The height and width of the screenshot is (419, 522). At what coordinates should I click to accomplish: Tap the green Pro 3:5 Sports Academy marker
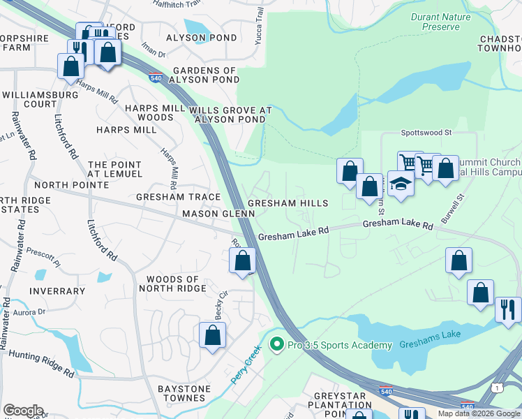[x=277, y=345]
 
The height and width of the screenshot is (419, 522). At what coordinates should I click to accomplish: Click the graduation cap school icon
[x=400, y=185]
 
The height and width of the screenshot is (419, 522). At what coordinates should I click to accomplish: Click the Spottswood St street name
[x=426, y=131]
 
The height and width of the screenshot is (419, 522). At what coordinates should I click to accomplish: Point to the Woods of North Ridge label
[x=172, y=284]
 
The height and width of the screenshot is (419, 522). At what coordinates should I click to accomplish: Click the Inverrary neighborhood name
[x=57, y=291]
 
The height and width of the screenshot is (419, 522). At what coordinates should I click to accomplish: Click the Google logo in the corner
[x=22, y=411]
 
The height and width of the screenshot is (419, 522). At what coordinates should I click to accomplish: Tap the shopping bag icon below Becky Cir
[x=213, y=335]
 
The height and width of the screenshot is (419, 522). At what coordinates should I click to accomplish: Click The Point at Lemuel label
[x=114, y=170]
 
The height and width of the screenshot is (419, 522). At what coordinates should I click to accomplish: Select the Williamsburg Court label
[x=39, y=99]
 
